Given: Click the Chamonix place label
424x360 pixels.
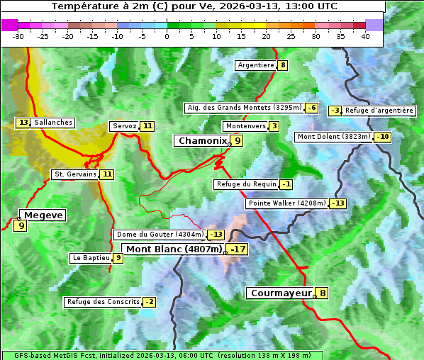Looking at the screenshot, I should (202, 141).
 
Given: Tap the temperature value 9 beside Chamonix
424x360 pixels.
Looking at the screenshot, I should (238, 141).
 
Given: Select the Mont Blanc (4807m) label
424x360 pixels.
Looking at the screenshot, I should (174, 249).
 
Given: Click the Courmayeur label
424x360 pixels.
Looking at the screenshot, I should (281, 293).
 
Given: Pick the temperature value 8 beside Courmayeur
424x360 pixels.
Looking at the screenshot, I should (323, 293).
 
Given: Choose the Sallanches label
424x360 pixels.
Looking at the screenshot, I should (53, 123).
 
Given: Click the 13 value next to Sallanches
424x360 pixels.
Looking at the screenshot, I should (23, 123).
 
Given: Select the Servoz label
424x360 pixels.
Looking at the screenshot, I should (124, 126).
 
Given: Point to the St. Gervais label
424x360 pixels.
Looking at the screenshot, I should (74, 174).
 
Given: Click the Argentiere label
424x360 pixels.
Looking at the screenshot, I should (256, 65).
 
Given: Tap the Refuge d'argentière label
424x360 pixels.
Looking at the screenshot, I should (379, 111).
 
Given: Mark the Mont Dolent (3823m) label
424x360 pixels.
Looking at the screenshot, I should (334, 137).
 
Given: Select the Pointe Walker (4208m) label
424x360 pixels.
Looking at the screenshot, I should (286, 203).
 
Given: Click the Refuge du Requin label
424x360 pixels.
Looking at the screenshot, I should (246, 184).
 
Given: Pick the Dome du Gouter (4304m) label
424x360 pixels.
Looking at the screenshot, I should (160, 235).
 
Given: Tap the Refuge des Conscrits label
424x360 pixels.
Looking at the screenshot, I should (102, 302).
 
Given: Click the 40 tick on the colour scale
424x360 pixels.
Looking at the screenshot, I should (365, 36).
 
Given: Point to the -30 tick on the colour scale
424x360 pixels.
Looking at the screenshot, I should (18, 36).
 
